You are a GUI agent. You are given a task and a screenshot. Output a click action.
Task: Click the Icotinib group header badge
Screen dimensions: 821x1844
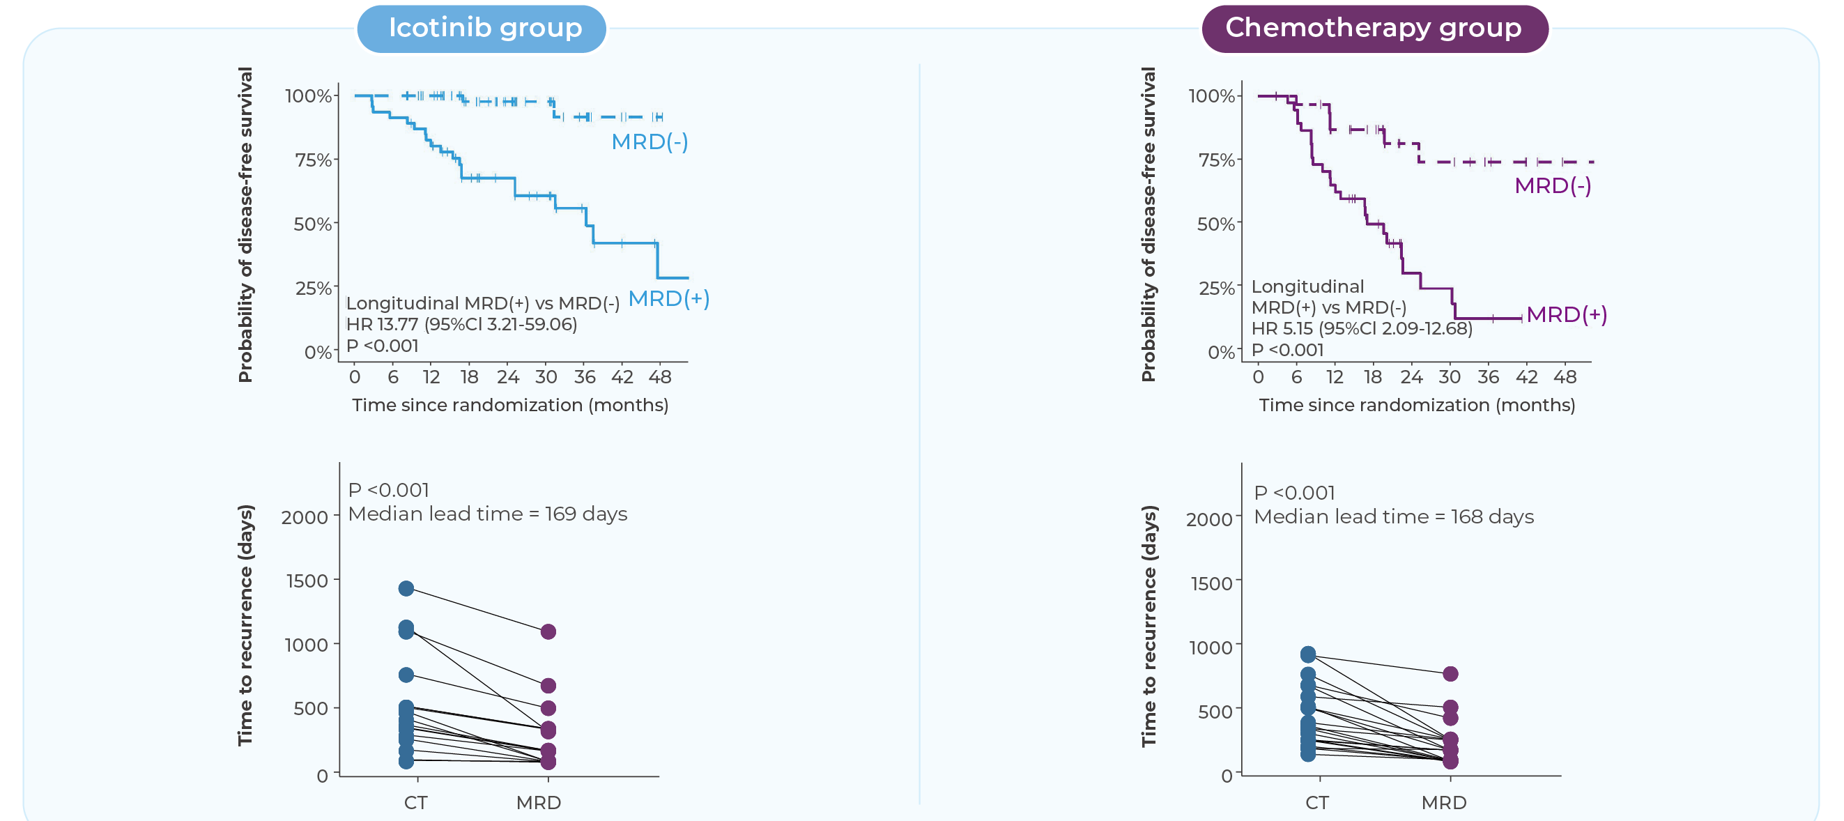click(482, 29)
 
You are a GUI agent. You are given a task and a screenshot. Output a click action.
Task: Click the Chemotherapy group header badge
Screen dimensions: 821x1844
click(1374, 29)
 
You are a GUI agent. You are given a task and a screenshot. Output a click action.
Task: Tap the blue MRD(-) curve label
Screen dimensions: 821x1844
click(650, 141)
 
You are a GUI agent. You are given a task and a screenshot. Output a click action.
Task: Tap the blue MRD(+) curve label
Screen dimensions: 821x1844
click(668, 298)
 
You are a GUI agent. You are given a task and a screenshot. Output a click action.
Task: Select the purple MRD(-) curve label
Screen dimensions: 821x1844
click(1552, 185)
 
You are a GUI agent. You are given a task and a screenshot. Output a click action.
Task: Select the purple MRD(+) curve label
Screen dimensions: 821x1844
click(1566, 314)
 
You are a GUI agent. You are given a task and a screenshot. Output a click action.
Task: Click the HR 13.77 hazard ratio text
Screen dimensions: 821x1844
click(462, 324)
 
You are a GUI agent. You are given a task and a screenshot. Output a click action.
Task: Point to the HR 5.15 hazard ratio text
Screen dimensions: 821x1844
click(1362, 328)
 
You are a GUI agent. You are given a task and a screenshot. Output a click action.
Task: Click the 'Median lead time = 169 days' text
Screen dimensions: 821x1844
click(488, 514)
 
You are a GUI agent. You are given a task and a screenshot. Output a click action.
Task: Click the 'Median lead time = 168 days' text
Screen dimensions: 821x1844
click(1393, 517)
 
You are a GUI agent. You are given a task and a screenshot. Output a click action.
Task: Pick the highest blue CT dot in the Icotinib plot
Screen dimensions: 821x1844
click(406, 588)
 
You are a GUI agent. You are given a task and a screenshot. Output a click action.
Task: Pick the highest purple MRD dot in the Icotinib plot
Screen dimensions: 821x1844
click(548, 631)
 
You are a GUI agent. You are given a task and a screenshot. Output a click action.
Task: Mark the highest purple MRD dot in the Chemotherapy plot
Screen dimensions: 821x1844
click(1450, 673)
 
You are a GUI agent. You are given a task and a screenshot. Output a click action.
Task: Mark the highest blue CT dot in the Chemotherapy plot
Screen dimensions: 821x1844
click(1308, 654)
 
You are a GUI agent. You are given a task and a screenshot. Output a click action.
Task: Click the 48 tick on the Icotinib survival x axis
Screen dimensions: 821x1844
click(660, 376)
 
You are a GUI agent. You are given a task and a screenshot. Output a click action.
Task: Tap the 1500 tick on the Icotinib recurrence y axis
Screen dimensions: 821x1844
click(307, 581)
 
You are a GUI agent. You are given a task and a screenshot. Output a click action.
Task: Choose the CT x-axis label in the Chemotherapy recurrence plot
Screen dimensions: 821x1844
click(1316, 802)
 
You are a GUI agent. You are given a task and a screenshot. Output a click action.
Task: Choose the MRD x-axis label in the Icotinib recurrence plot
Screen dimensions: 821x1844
click(538, 802)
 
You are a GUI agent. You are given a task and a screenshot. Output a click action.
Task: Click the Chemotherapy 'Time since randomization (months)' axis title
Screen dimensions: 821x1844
click(1417, 405)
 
